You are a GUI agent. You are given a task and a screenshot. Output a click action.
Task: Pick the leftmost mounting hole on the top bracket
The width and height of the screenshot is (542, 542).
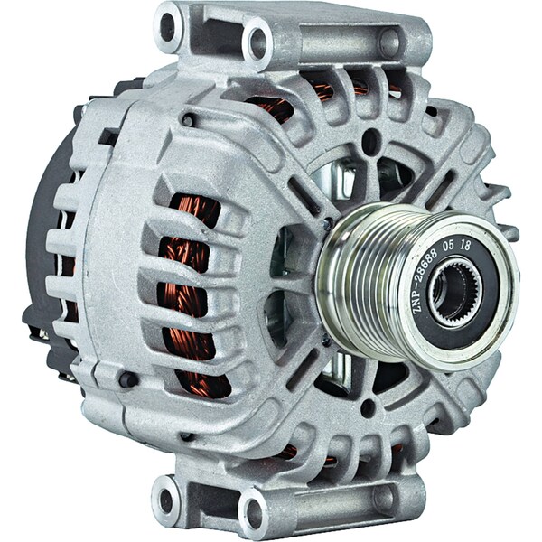(x=168, y=27)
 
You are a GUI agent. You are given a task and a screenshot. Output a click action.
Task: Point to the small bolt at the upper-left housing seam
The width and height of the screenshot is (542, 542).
(x=186, y=119)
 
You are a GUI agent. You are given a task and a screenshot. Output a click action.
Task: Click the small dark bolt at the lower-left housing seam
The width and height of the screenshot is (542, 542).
(x=129, y=379)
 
